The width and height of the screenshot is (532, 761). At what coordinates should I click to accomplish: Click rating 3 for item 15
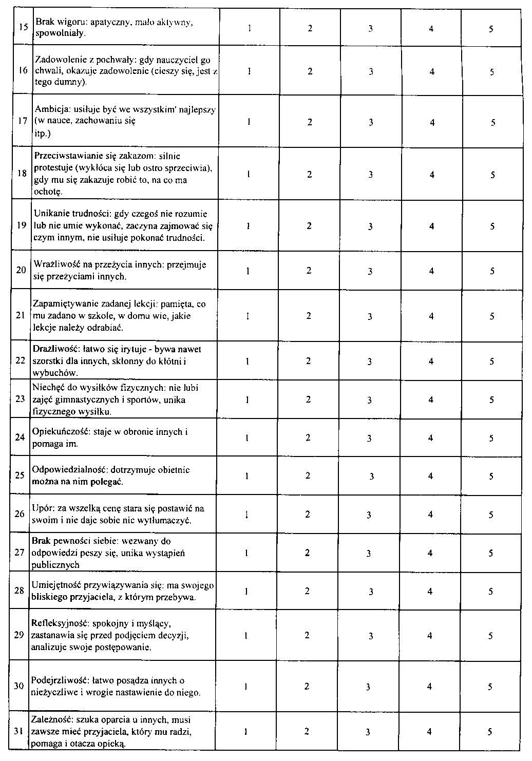pos(370,29)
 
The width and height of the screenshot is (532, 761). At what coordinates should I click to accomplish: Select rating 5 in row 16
pos(491,72)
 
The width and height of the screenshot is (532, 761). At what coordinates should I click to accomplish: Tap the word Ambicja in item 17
pos(48,110)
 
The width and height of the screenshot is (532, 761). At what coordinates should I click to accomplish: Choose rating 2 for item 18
pos(309,175)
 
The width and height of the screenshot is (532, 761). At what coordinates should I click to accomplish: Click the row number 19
pos(21,226)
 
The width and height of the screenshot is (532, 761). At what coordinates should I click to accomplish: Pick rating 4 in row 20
pos(431,271)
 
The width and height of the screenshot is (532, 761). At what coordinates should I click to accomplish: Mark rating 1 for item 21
pos(248,316)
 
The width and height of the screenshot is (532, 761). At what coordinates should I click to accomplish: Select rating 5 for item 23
pos(491,399)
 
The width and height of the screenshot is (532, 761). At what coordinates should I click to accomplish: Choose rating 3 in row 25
pos(371,477)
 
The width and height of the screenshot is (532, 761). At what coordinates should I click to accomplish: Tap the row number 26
pos(20,514)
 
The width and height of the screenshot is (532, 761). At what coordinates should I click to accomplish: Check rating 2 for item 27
pos(307,553)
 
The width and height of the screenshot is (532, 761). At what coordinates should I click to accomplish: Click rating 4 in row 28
pos(430,591)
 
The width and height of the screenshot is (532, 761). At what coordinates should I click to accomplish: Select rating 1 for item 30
pos(246,687)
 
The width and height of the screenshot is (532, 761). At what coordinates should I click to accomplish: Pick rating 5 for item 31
pos(490,732)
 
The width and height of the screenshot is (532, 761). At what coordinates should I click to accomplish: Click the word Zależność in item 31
pos(49,720)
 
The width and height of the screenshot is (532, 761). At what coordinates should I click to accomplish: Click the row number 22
pos(20,360)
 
